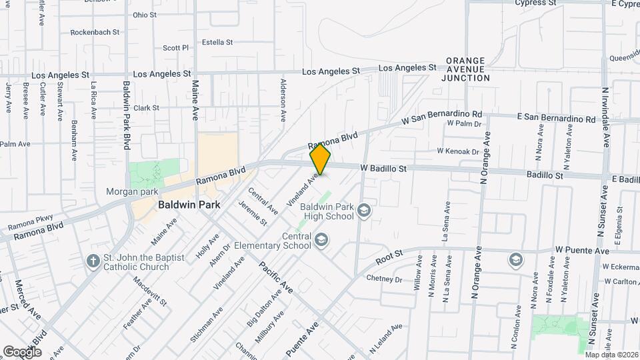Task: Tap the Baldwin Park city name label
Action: (189, 205)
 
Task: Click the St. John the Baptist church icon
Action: (92, 259)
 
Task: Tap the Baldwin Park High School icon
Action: (364, 211)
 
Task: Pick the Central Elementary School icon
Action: (322, 239)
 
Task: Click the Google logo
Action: (21, 351)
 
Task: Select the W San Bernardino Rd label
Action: (441, 118)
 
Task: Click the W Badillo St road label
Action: (383, 169)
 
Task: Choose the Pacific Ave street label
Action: (276, 277)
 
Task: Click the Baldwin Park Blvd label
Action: (126, 115)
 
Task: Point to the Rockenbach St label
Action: (95, 31)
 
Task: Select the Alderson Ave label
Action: (283, 100)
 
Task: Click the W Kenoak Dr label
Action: (458, 151)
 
